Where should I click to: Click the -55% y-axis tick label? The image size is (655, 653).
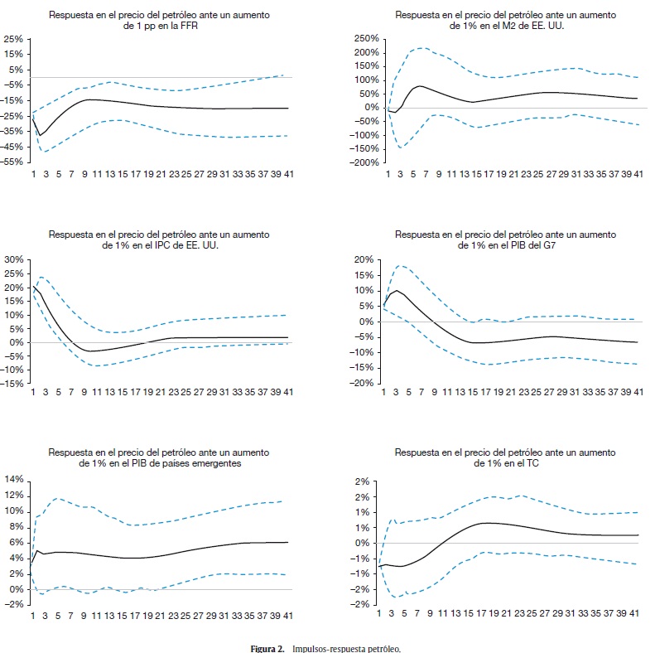coord(13,162)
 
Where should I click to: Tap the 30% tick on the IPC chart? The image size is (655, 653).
coord(15,259)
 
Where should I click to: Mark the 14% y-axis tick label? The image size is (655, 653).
coord(15,479)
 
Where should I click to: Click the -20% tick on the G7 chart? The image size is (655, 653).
coord(365,383)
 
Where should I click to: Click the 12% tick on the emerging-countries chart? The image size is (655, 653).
coord(15,495)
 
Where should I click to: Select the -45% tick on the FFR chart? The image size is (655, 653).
coord(13,147)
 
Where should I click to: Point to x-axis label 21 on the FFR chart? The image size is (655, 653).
coord(161,175)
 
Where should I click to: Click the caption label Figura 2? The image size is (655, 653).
coord(269,647)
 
